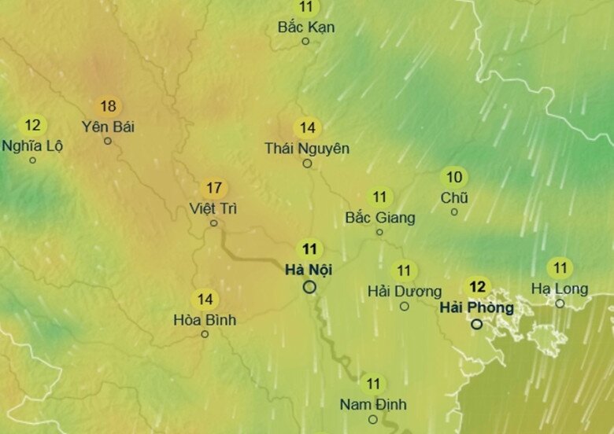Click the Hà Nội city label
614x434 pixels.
(309, 270)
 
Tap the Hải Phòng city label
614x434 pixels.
(477, 307)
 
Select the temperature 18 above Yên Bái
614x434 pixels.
(108, 106)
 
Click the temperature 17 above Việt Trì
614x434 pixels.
(213, 189)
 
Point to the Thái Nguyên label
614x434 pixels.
(307, 148)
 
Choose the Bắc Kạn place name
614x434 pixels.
(306, 28)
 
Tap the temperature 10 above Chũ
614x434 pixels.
(454, 177)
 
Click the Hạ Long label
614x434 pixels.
(560, 289)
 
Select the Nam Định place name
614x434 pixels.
(373, 404)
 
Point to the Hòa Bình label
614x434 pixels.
(205, 320)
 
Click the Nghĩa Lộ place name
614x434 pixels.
(32, 145)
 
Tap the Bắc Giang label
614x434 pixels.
(380, 218)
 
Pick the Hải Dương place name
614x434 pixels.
(405, 292)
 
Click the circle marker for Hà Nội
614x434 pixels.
(309, 287)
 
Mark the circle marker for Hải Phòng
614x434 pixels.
(477, 324)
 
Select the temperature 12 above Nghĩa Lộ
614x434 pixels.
(32, 125)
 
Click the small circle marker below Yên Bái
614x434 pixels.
(108, 142)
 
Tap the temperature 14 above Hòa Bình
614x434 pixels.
(205, 300)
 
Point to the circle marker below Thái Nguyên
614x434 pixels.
(307, 164)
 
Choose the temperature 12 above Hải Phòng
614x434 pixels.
(477, 287)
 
